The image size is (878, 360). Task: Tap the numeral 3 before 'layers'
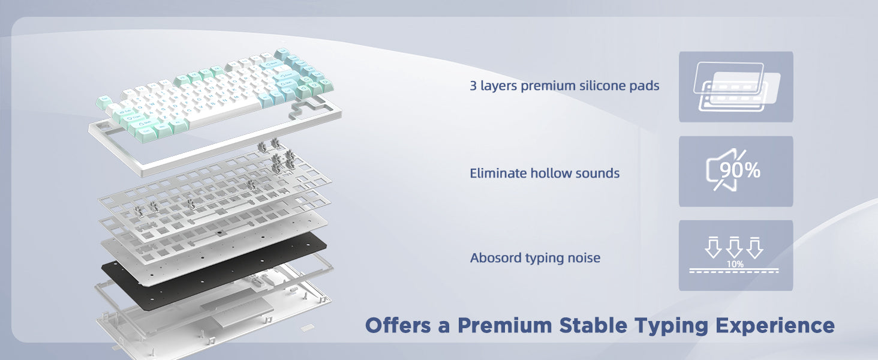click(473, 85)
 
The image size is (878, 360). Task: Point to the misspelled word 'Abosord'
click(495, 257)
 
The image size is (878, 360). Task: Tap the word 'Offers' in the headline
click(398, 325)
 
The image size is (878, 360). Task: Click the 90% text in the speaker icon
click(739, 170)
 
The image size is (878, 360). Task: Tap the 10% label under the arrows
click(735, 264)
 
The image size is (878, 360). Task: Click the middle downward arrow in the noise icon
click(734, 247)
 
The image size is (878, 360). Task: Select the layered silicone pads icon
click(736, 86)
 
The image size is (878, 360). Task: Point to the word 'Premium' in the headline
click(503, 325)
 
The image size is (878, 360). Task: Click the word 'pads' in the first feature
click(644, 85)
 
